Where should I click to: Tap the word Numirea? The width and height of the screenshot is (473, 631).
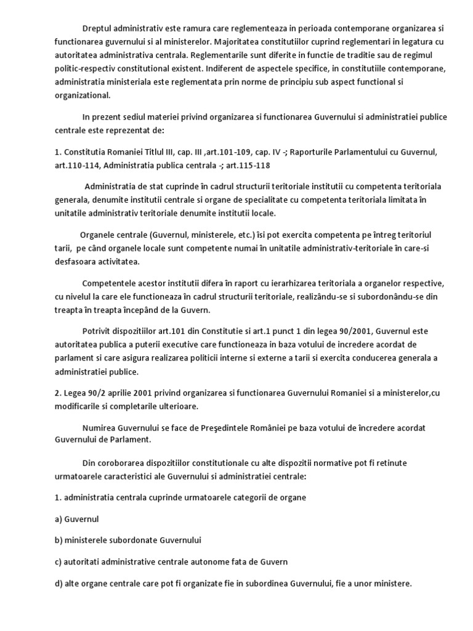99,428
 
